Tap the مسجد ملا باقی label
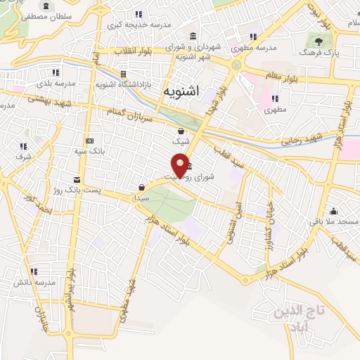(x=333, y=222)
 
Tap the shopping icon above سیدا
(x=142, y=187)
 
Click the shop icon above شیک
(x=181, y=131)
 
